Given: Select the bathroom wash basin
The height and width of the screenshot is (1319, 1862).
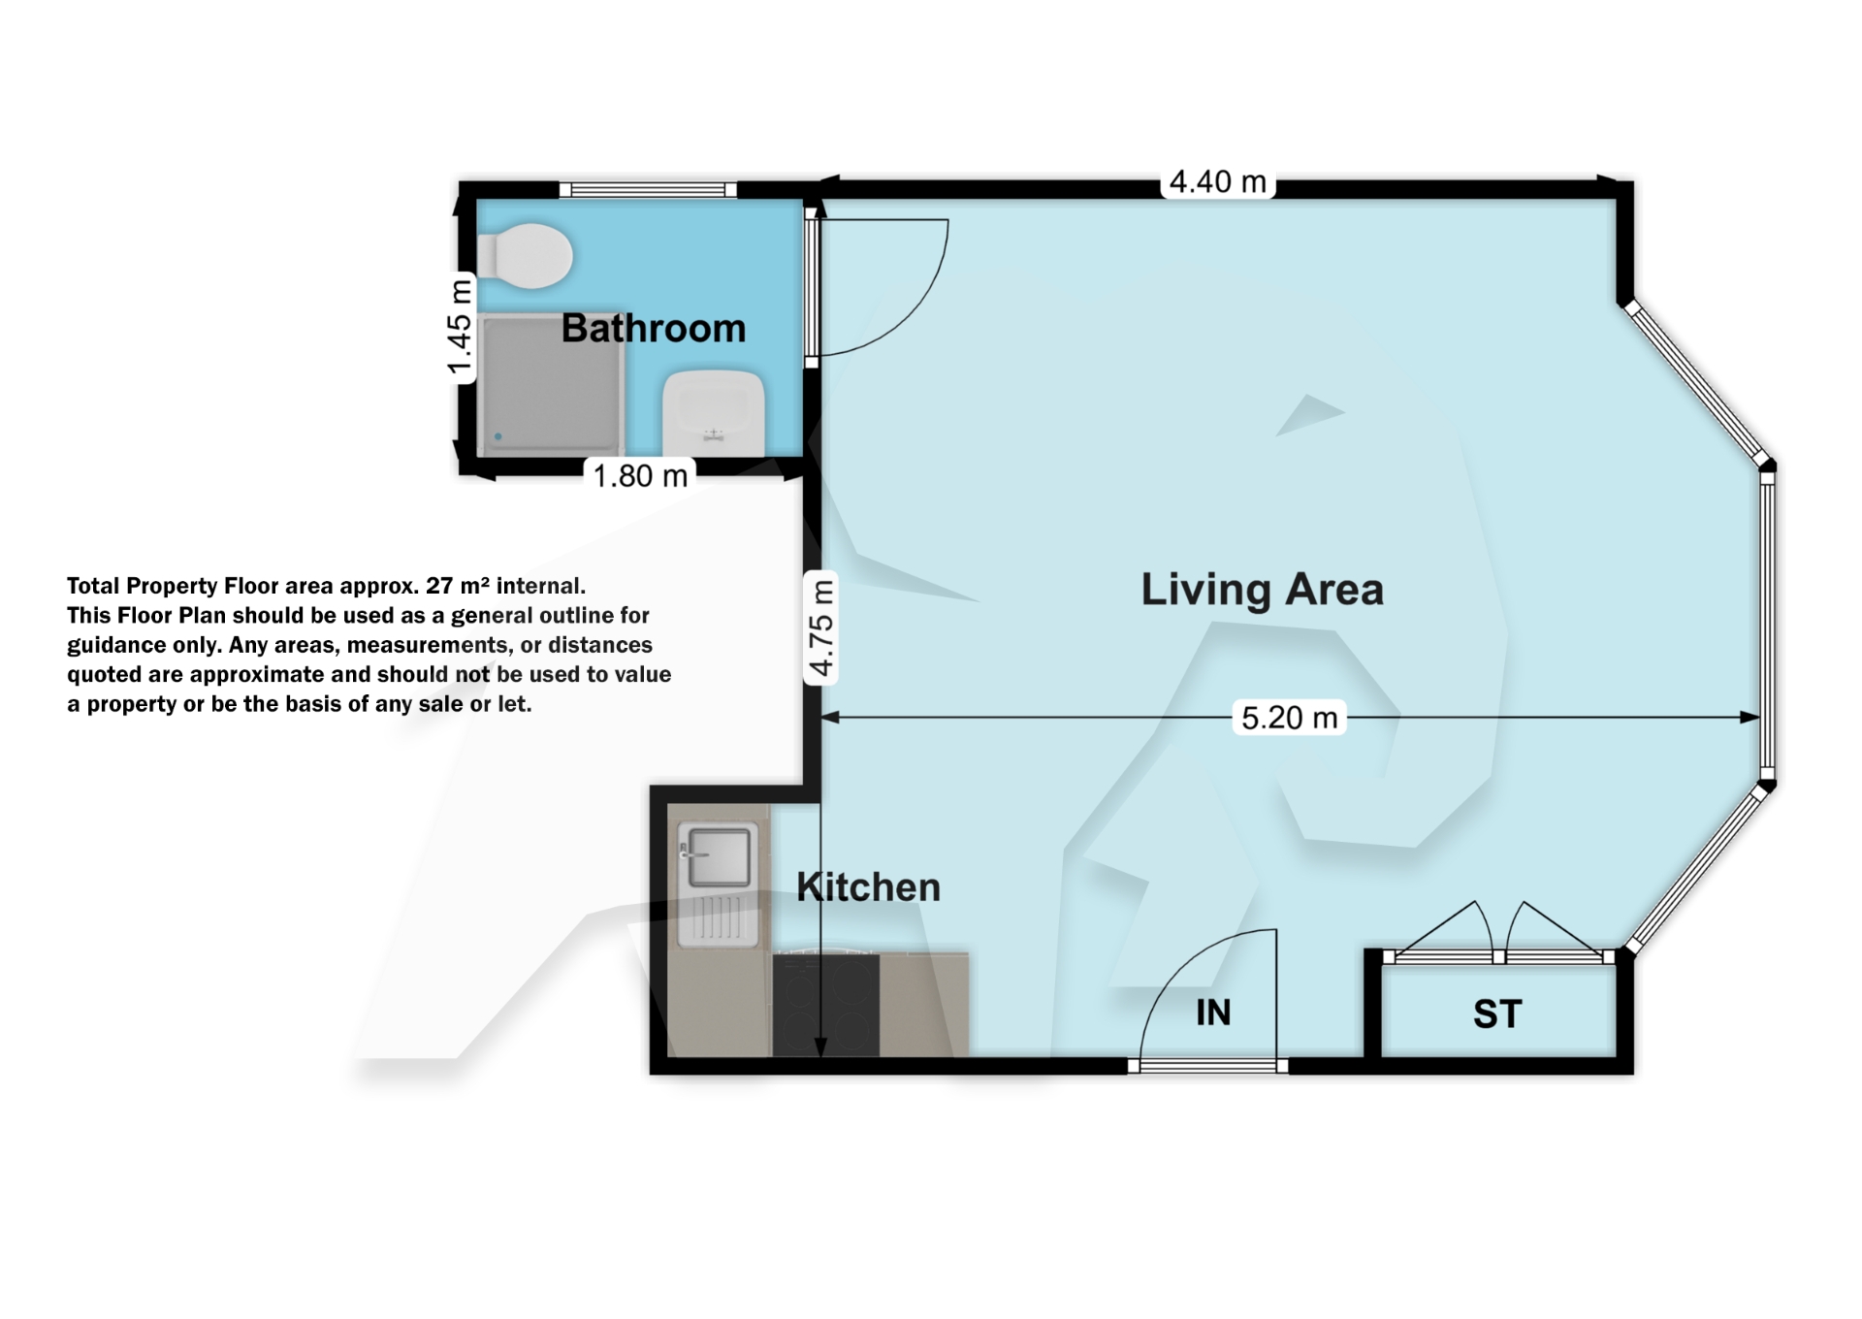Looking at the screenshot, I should [714, 412].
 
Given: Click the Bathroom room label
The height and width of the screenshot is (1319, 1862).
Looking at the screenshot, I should [653, 328].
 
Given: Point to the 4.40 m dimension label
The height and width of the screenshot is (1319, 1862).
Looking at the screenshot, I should [1217, 181].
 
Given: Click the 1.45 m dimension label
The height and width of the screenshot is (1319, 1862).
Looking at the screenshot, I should [460, 326].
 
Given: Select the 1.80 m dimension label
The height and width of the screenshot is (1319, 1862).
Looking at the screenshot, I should [640, 475].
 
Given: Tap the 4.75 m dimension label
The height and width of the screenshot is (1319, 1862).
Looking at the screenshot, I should [821, 627].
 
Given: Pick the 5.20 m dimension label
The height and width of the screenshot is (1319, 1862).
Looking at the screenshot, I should [1289, 718].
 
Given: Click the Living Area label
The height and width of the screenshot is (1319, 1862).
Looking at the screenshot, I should [1261, 589].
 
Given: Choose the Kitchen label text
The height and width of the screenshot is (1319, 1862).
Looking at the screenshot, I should [868, 886].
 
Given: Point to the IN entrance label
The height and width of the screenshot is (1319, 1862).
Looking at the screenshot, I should [1212, 1013].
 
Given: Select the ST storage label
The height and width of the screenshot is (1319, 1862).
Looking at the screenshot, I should [1496, 1014].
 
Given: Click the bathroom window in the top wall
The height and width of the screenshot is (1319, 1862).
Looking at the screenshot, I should [648, 190].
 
